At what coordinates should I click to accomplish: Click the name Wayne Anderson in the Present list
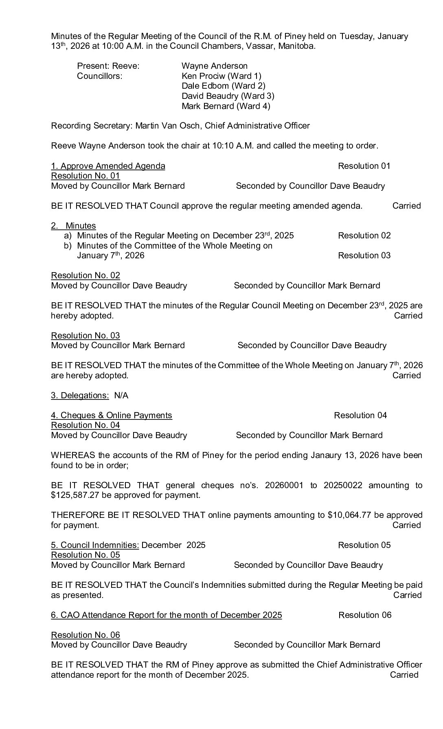click(214, 66)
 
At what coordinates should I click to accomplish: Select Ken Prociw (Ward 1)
click(221, 76)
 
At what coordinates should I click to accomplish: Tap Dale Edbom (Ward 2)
click(223, 86)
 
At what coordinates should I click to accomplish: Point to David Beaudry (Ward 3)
click(228, 96)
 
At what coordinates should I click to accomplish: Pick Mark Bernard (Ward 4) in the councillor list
click(226, 106)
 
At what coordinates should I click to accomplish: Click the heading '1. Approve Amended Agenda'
click(108, 166)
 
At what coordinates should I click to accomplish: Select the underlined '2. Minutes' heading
click(73, 226)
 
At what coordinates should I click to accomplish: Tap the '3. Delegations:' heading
click(80, 395)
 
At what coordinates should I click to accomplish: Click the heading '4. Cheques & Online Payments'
click(111, 415)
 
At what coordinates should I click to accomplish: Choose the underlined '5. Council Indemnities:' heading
click(95, 545)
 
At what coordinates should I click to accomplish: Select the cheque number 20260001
click(284, 485)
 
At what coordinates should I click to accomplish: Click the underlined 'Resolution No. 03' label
click(85, 336)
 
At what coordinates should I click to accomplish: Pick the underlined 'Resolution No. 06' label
click(85, 635)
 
